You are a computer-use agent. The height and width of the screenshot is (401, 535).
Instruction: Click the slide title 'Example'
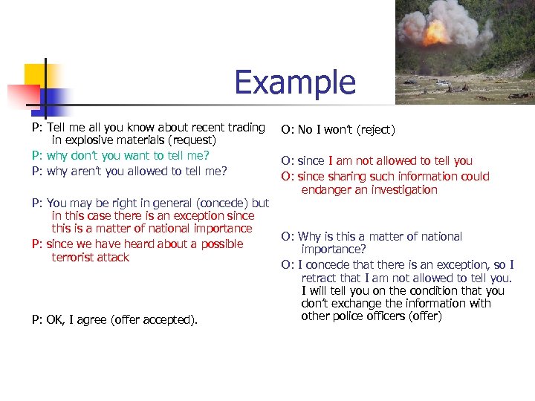tap(295, 82)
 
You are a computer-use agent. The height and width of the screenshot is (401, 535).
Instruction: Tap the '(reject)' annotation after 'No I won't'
tap(376, 130)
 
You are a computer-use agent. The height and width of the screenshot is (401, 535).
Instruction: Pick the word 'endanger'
tap(325, 189)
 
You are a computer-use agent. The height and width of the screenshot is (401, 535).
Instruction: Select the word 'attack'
tap(116, 257)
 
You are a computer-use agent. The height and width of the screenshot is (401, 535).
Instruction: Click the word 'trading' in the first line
tap(246, 127)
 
